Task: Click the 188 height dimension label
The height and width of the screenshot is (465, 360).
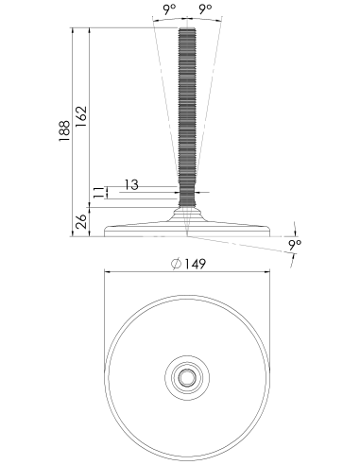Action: (x=64, y=130)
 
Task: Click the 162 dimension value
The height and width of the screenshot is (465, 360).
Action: (x=81, y=116)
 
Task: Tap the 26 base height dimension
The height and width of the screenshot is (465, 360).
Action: (x=81, y=221)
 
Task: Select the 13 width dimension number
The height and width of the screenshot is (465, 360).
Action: (x=131, y=184)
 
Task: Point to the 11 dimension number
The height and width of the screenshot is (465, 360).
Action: (x=98, y=193)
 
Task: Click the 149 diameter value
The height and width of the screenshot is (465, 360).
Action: (x=195, y=264)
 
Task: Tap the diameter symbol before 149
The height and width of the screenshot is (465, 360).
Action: (x=177, y=264)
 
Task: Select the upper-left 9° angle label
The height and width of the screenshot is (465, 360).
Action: (x=169, y=9)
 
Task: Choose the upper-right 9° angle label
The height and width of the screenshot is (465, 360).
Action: (x=205, y=9)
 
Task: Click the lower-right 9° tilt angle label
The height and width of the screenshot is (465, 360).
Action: (x=295, y=245)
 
